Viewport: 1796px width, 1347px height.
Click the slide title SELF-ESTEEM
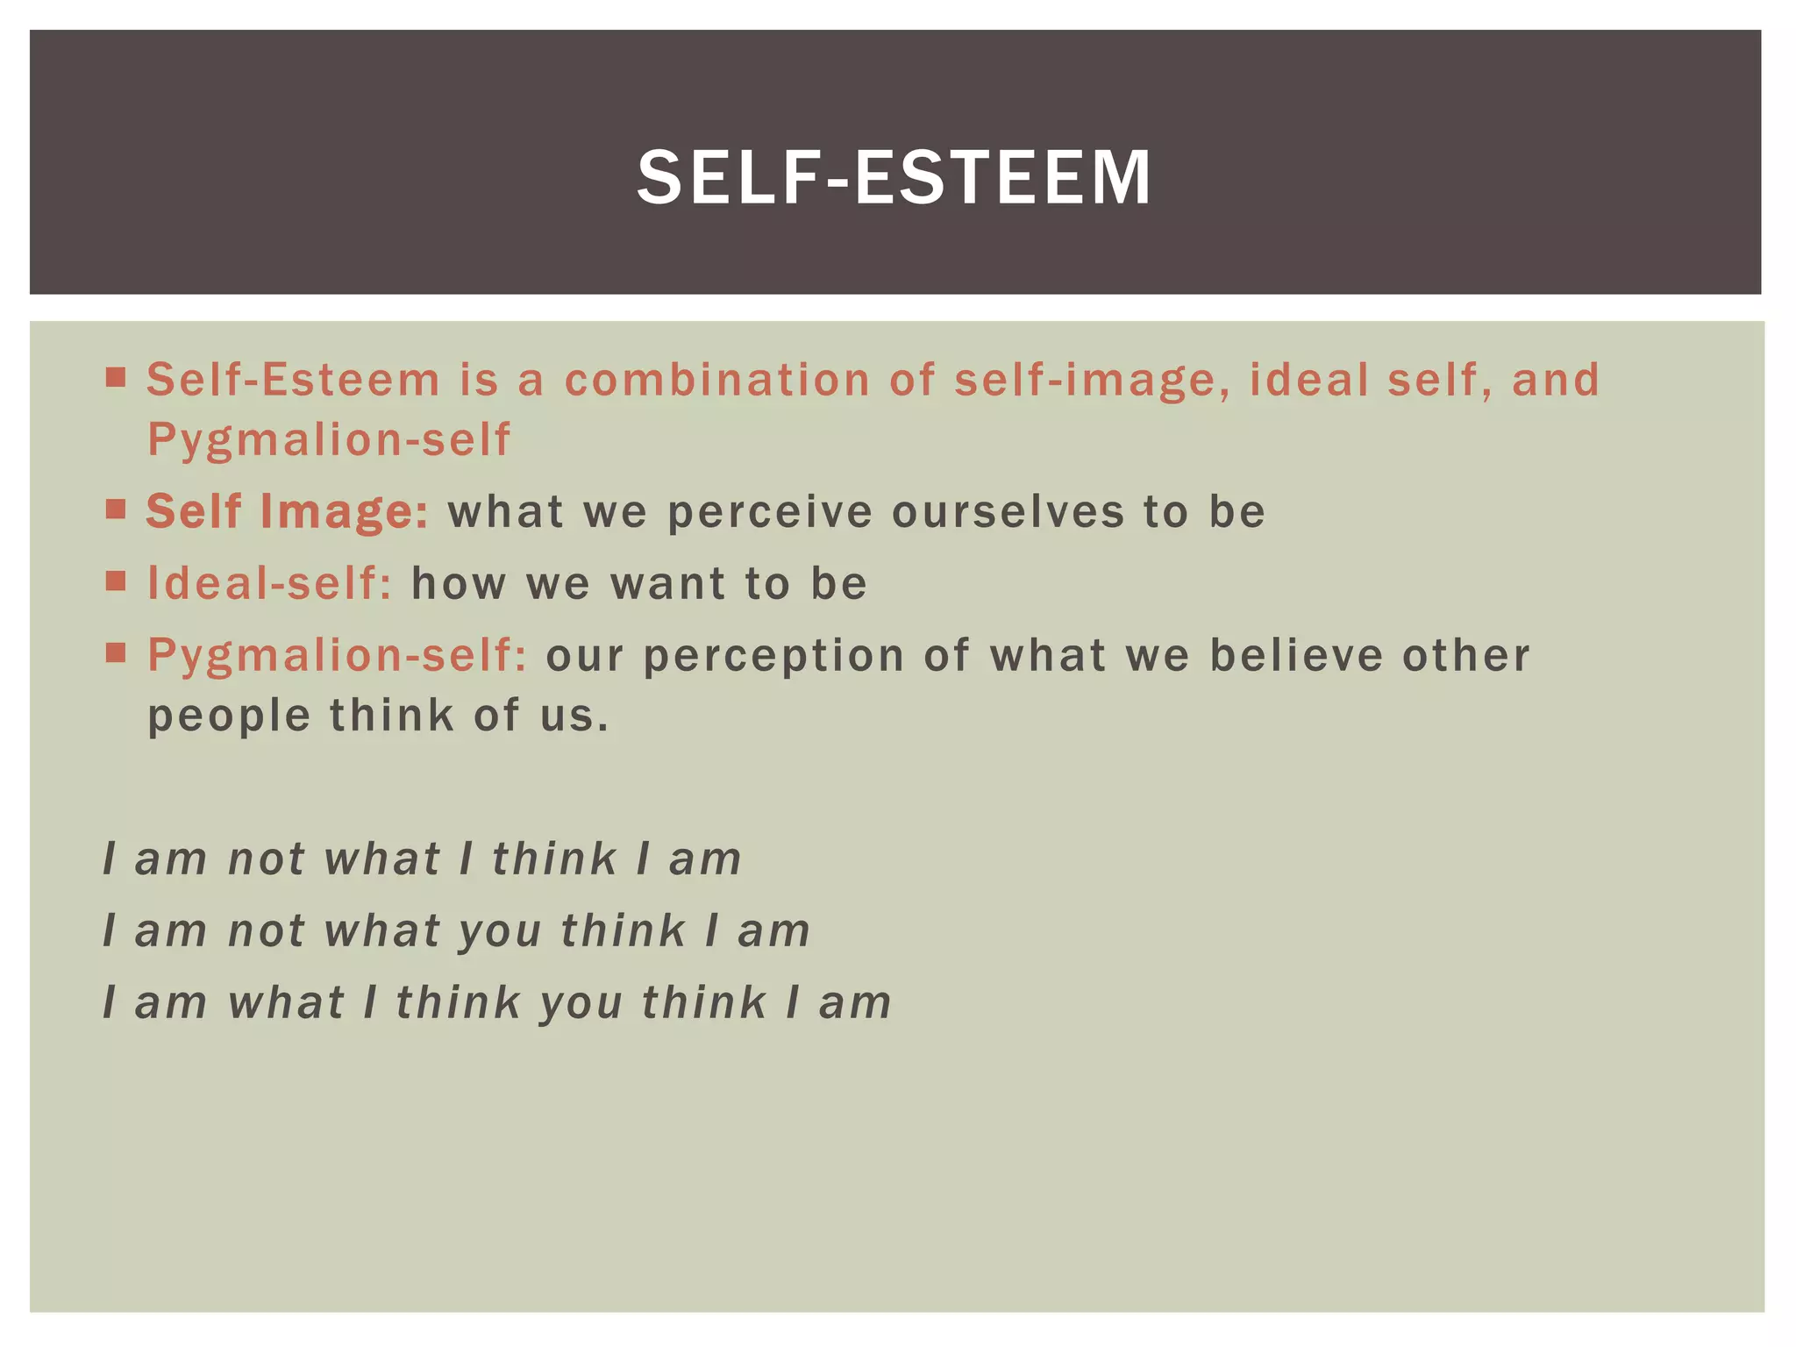(x=894, y=178)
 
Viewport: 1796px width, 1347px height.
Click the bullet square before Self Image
(x=116, y=510)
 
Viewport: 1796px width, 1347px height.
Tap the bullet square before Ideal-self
(x=116, y=581)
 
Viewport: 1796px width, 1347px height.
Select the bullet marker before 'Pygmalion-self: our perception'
(x=116, y=653)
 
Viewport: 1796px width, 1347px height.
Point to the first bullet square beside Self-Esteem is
(x=116, y=378)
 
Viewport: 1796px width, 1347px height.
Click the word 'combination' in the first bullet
(x=716, y=380)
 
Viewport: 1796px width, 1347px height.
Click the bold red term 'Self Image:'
(x=287, y=511)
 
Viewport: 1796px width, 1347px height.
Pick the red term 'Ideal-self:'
(x=269, y=583)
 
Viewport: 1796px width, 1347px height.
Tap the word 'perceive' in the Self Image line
(x=770, y=513)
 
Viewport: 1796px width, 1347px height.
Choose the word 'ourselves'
(x=1008, y=513)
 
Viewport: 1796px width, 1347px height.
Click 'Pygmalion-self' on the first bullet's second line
(x=328, y=439)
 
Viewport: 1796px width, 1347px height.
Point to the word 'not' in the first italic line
(x=266, y=859)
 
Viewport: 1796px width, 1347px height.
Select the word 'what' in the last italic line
(x=286, y=1003)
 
